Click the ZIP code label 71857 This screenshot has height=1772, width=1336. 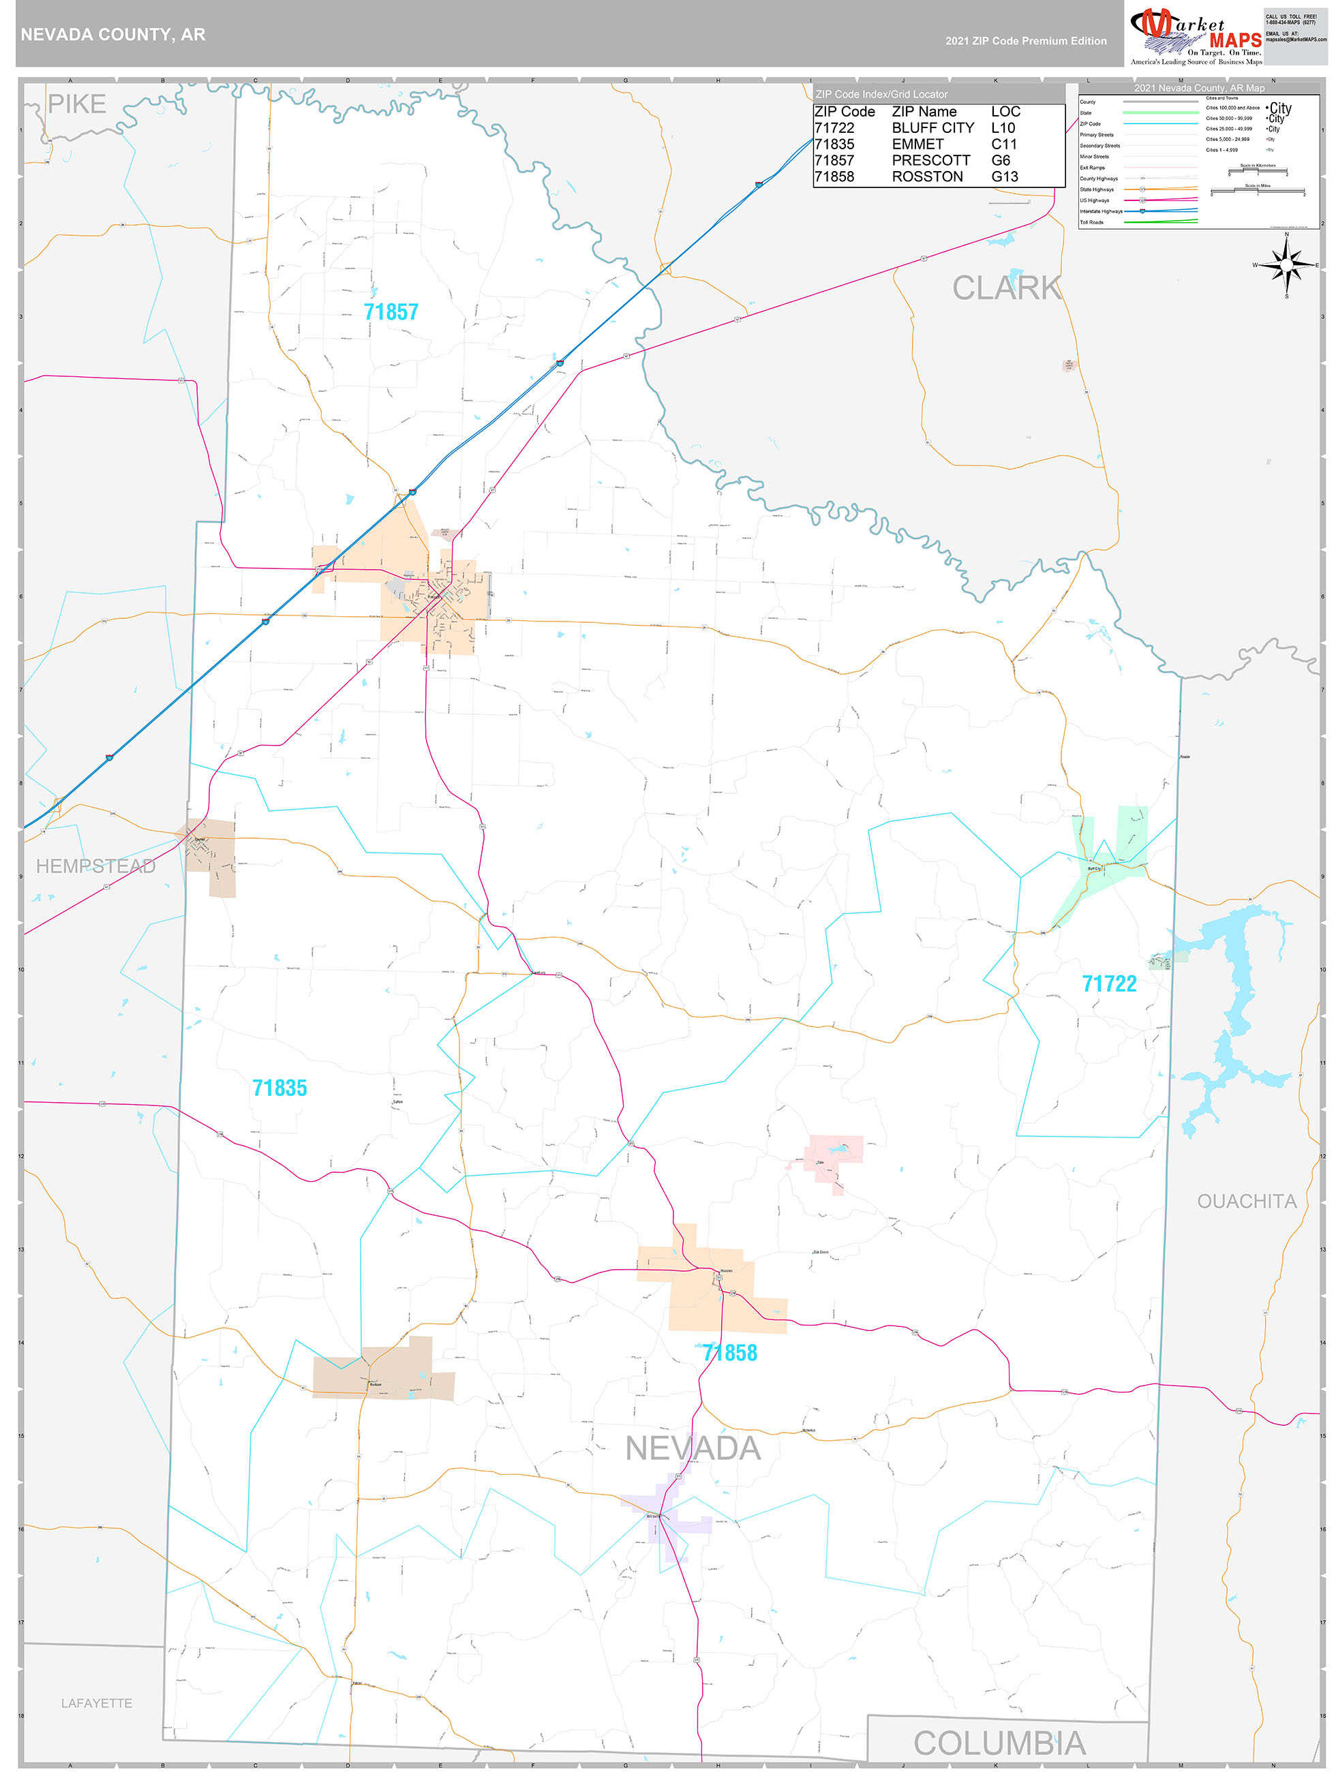[x=391, y=311]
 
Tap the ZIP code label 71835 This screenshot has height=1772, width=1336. [x=279, y=1088]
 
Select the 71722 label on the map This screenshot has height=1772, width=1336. [x=1108, y=983]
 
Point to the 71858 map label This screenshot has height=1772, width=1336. [x=729, y=1353]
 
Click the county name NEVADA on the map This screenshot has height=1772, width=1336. [x=693, y=1449]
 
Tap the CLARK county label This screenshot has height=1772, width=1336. [x=1006, y=288]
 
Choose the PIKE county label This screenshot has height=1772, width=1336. [x=77, y=104]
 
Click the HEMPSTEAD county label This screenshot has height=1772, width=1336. [x=95, y=866]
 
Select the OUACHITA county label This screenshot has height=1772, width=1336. [x=1246, y=1202]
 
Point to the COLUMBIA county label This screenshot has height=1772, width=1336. [x=999, y=1744]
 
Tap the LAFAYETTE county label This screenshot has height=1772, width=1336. [x=96, y=1703]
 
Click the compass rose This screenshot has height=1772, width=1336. [x=1286, y=264]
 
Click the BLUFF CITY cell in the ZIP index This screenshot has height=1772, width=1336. [x=932, y=128]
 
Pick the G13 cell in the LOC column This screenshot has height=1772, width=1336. [x=1005, y=177]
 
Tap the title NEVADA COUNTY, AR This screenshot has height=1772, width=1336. [x=113, y=35]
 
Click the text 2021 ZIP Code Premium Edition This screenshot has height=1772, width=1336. [x=1025, y=41]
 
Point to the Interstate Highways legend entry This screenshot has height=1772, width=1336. [x=1101, y=211]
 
